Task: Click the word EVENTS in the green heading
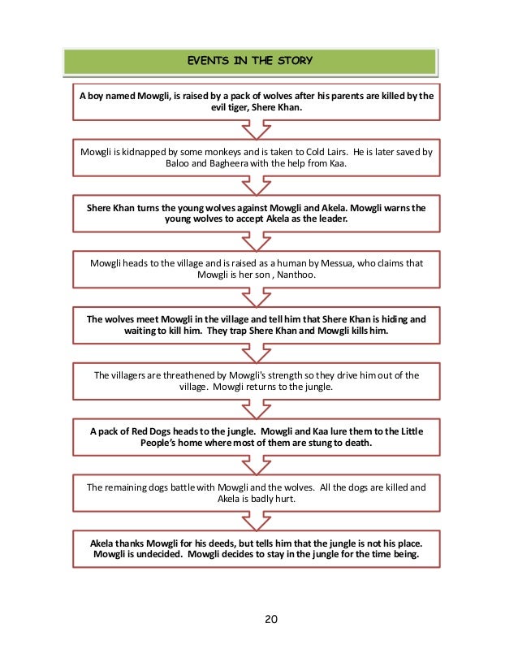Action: [x=206, y=60]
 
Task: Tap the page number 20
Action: [x=271, y=620]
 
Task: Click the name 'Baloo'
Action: [x=179, y=164]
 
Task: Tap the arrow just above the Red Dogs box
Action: [x=257, y=407]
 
